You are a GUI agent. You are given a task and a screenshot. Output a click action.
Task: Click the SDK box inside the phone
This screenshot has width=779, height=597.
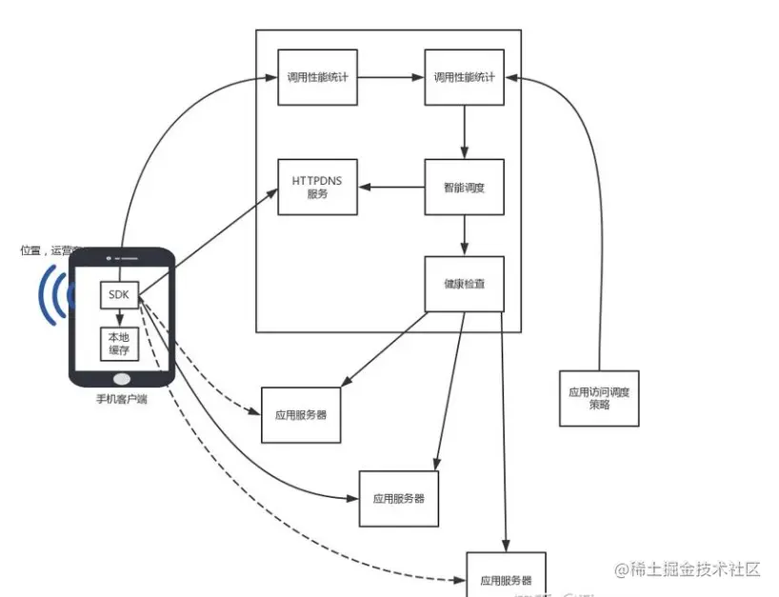[x=120, y=295]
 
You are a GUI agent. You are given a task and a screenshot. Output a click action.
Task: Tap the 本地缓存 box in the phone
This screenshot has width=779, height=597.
[x=120, y=344]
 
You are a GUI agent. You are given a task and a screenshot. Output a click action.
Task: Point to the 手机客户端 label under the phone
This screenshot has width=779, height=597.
[x=121, y=399]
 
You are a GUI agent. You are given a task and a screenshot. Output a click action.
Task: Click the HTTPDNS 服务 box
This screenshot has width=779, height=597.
[x=317, y=187]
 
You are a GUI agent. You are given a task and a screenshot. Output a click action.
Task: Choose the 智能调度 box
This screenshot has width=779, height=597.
[x=464, y=187]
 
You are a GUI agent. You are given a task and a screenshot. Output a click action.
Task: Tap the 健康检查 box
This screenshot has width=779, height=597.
[x=464, y=284]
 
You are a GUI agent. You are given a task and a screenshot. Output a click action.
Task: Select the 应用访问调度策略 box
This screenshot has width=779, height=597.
[x=599, y=397]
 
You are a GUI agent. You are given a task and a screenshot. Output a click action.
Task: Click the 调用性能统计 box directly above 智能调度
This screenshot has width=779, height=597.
[x=464, y=76]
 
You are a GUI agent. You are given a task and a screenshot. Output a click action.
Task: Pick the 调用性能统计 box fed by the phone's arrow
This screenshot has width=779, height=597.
[x=317, y=76]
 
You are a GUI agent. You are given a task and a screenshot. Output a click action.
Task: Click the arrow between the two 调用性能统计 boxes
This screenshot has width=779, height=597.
[x=390, y=76]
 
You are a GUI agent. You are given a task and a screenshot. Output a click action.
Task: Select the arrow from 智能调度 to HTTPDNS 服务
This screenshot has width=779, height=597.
[x=390, y=187]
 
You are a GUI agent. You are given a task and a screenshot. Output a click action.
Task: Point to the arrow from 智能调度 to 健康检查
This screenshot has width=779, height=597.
[x=464, y=235]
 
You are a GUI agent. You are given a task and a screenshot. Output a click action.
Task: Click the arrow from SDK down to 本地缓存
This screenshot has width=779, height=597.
[x=120, y=317]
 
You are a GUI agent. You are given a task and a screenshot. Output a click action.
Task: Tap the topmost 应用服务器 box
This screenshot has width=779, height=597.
[x=301, y=416]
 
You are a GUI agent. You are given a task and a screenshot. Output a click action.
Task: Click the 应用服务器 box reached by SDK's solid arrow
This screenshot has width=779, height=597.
[x=399, y=498]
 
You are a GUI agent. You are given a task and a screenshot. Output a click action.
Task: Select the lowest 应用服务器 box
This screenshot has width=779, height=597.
[x=506, y=576]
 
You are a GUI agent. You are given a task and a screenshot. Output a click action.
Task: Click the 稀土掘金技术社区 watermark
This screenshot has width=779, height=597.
[x=687, y=569]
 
